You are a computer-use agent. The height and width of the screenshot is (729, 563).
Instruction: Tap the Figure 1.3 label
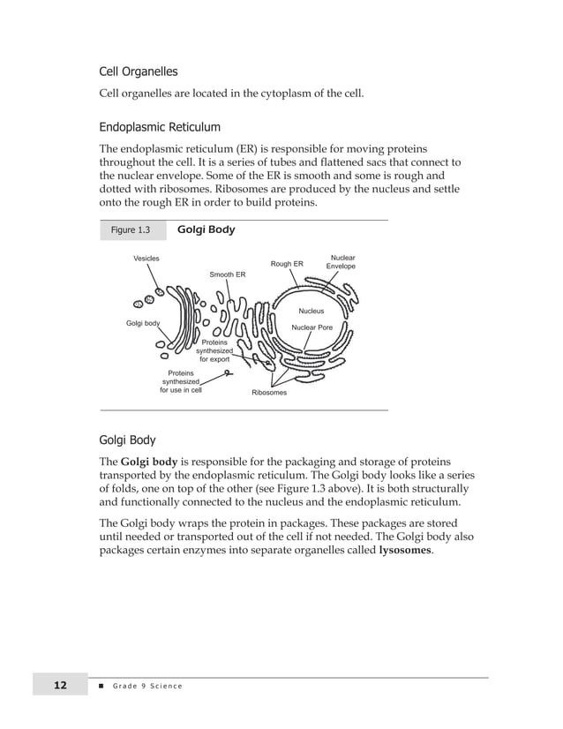pos(130,230)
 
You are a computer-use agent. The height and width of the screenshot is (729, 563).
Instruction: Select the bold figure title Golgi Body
pos(206,229)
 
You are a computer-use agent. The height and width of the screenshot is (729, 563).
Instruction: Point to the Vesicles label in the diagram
pos(146,258)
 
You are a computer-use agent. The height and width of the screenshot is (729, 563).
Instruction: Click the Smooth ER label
pos(228,274)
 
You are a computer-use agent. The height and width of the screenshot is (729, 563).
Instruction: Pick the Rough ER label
pos(287,264)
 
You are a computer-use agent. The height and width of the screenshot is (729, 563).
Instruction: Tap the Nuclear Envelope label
pos(341,262)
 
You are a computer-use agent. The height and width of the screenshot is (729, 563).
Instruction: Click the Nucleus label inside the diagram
pos(311,312)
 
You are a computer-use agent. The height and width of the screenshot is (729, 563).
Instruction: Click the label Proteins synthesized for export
pos(214,350)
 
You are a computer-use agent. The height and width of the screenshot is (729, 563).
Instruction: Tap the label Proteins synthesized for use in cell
pos(180,381)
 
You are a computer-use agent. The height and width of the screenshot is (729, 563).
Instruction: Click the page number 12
pos(60,686)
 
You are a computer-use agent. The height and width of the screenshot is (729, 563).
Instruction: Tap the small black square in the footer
pos(102,686)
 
